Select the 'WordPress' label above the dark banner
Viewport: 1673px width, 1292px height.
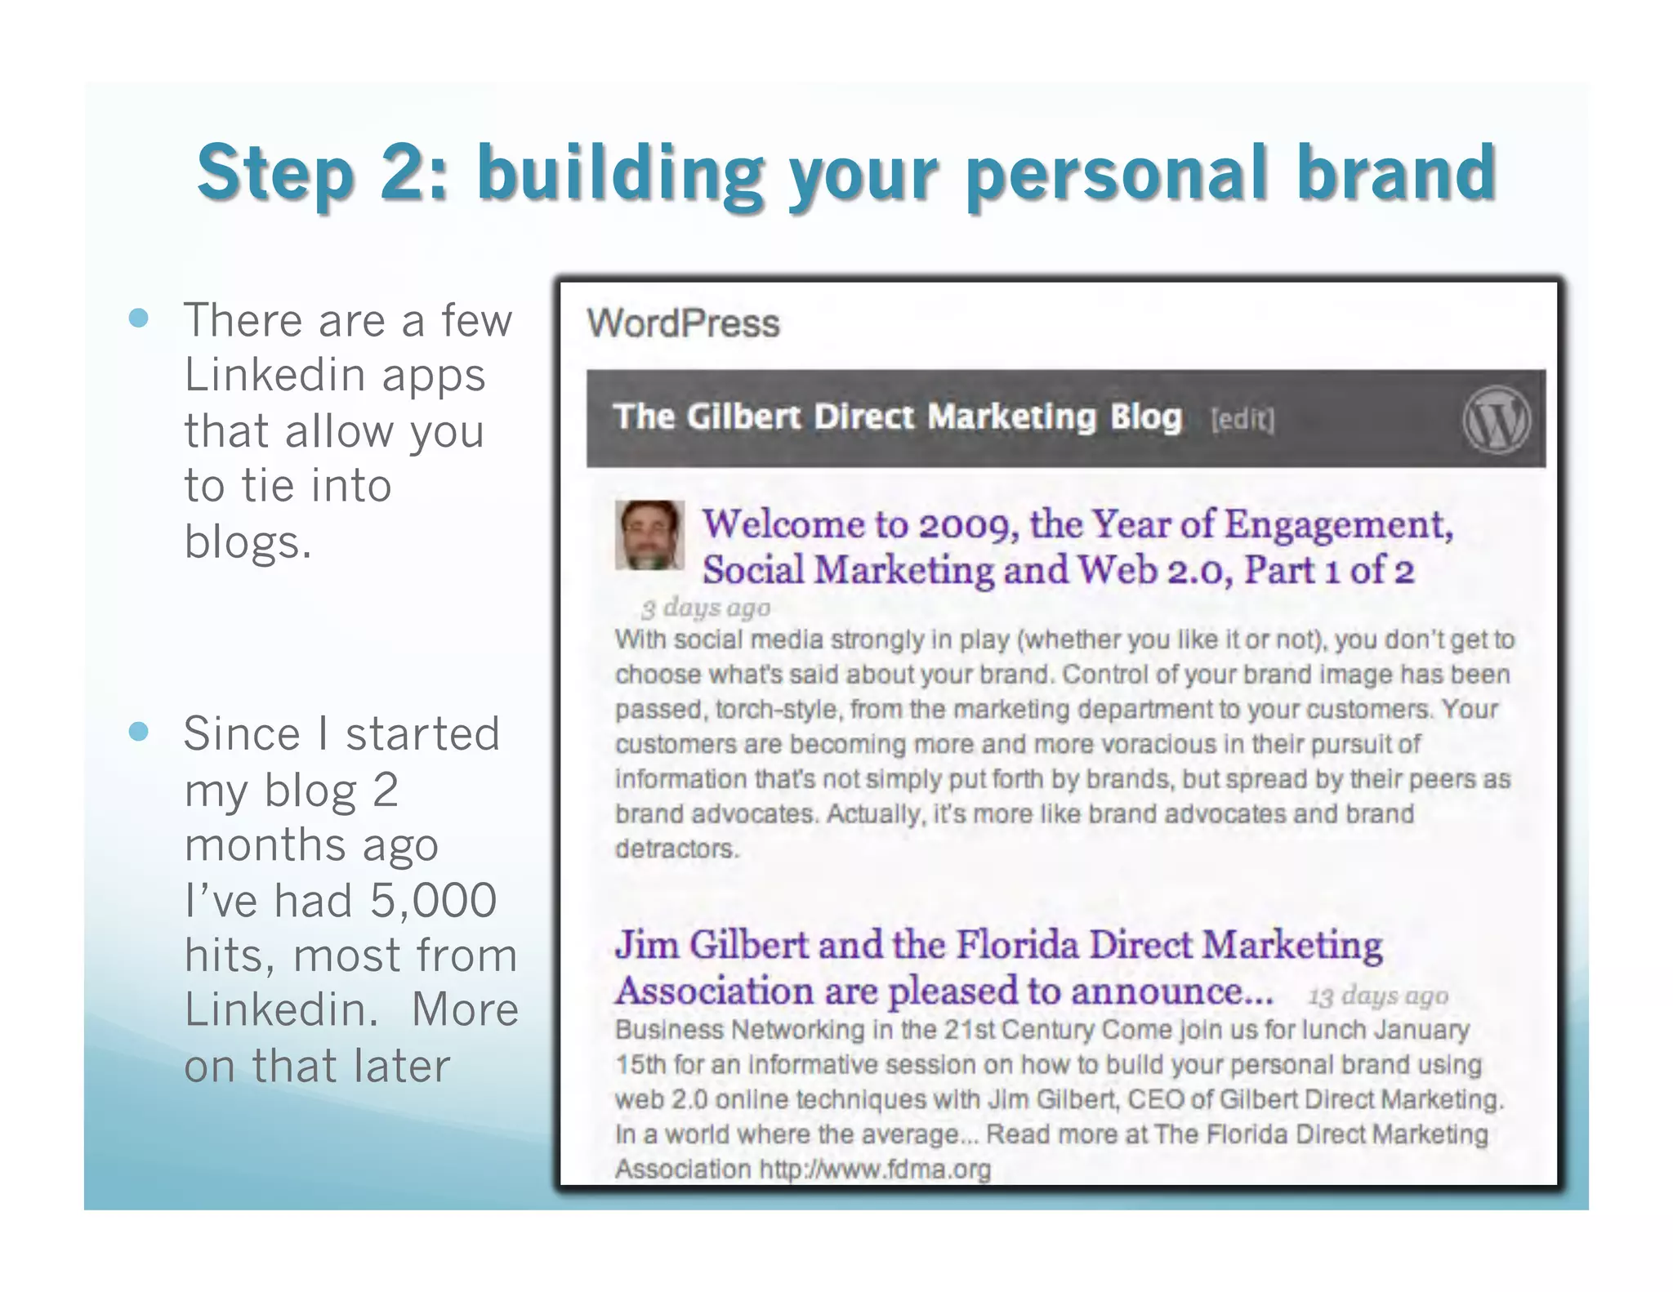[683, 323]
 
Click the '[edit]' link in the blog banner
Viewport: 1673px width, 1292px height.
[1242, 420]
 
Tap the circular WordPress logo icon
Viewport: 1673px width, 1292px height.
[1496, 419]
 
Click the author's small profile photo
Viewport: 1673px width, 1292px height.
[649, 535]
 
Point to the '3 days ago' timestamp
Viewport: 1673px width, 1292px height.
[706, 608]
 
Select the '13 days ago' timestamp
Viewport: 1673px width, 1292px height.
[1378, 996]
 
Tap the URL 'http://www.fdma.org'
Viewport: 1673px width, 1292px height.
[875, 1169]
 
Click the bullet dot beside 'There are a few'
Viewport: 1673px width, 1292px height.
[139, 318]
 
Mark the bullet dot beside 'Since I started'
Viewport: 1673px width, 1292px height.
[139, 731]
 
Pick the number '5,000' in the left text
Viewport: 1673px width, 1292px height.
[433, 900]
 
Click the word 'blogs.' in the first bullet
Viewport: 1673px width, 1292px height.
[248, 542]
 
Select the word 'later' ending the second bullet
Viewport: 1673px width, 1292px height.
[402, 1066]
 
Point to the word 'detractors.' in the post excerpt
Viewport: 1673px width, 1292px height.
[676, 849]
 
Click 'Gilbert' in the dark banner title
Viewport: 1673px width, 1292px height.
[743, 417]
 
